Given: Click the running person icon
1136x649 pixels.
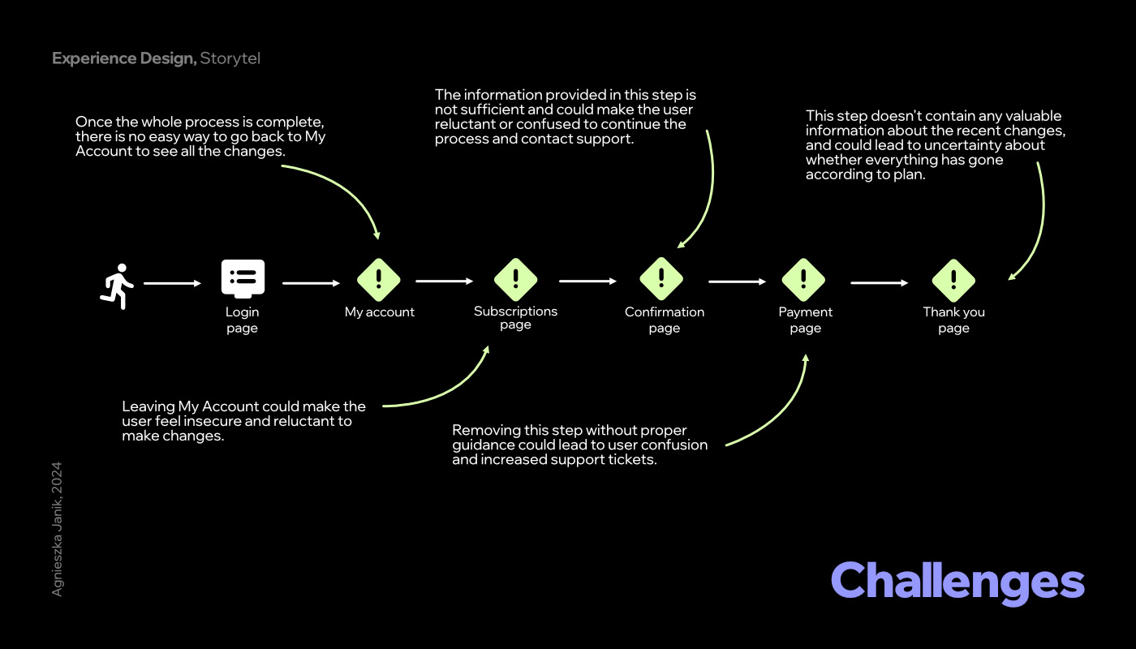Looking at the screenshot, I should click(118, 285).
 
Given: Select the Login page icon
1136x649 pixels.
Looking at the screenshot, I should click(243, 279).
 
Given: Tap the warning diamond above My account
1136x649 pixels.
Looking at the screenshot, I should click(379, 280).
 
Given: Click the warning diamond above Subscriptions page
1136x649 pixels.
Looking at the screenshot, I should click(516, 280).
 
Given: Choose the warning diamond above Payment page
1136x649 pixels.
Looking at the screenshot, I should click(803, 280).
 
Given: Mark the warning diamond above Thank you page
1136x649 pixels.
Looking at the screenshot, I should click(953, 281).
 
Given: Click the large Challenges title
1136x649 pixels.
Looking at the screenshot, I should click(957, 582).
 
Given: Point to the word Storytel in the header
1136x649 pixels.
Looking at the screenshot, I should click(230, 58).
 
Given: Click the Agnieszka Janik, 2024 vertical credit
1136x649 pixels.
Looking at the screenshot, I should click(57, 529).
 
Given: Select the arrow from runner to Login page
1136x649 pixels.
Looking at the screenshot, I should click(172, 283).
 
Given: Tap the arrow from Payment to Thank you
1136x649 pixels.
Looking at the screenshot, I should click(879, 283).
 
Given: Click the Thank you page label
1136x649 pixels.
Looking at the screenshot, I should click(953, 320).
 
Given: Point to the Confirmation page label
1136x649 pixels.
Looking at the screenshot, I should click(664, 320).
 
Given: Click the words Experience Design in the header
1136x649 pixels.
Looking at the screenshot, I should click(123, 58).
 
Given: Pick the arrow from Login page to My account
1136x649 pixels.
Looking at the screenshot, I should click(311, 283).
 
